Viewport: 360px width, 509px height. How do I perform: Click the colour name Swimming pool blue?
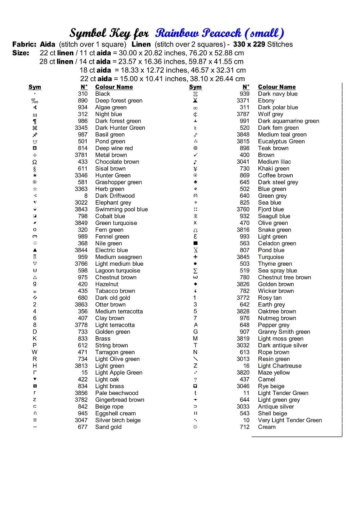[x=121, y=209]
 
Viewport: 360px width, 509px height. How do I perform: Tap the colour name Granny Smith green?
[x=284, y=332]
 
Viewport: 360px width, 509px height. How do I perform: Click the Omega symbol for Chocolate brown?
[x=35, y=162]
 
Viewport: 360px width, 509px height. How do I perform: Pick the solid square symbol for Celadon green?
[x=195, y=243]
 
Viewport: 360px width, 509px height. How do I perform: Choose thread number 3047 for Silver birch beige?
[x=81, y=420]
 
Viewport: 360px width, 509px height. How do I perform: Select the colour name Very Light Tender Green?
[x=290, y=420]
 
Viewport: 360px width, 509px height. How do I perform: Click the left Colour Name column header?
[x=114, y=87]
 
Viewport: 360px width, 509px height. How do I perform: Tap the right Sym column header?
[x=195, y=87]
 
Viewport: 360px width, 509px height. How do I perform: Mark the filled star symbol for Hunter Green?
[x=35, y=175]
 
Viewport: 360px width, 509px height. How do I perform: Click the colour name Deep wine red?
[x=114, y=148]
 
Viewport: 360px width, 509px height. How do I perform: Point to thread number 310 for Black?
[x=83, y=94]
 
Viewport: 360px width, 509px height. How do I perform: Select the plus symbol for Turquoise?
[x=195, y=257]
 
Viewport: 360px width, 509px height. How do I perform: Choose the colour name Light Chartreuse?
[x=280, y=366]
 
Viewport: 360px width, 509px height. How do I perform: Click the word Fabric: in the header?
[x=24, y=44]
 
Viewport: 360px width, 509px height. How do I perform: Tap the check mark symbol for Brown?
[x=195, y=155]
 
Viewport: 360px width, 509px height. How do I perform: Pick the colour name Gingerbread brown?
[x=120, y=400]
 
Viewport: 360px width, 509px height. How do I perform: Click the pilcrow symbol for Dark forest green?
[x=35, y=121]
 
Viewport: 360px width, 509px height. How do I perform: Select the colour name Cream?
[x=267, y=427]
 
